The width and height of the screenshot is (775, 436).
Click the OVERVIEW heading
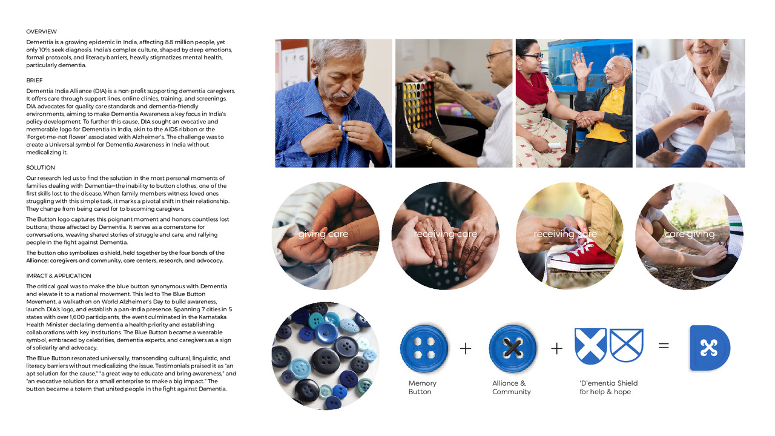pyautogui.click(x=41, y=31)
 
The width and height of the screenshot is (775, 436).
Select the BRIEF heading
pyautogui.click(x=35, y=81)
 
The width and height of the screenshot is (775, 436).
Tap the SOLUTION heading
pyautogui.click(x=41, y=168)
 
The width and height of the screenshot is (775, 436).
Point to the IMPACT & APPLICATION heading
pyautogui.click(x=59, y=276)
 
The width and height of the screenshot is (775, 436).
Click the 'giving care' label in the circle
pyautogui.click(x=323, y=234)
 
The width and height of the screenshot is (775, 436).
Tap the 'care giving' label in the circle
pyautogui.click(x=690, y=234)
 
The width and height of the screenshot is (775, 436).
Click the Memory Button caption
pyautogui.click(x=422, y=388)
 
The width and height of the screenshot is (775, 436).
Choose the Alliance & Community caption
pyautogui.click(x=511, y=388)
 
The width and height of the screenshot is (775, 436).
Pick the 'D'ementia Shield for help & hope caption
pyautogui.click(x=608, y=388)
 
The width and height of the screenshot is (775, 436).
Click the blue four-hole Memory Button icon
pyautogui.click(x=424, y=348)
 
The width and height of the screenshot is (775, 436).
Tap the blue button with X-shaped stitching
pyautogui.click(x=512, y=348)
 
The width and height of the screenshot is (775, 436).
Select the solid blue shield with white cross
pyautogui.click(x=590, y=346)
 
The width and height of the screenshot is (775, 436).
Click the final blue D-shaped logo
pyautogui.click(x=710, y=348)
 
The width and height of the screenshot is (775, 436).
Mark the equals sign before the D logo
pyautogui.click(x=664, y=346)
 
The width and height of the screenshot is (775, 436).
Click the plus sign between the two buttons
pyautogui.click(x=465, y=348)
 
